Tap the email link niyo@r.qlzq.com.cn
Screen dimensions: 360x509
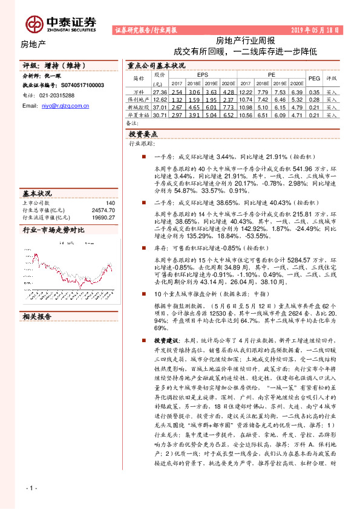(x=65, y=105)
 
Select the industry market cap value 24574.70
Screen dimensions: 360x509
(x=103, y=210)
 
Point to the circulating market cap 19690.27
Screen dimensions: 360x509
(x=103, y=217)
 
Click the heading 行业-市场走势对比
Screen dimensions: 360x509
(x=53, y=230)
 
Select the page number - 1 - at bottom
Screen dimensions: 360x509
(x=32, y=488)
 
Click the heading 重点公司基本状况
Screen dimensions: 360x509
(x=156, y=65)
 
